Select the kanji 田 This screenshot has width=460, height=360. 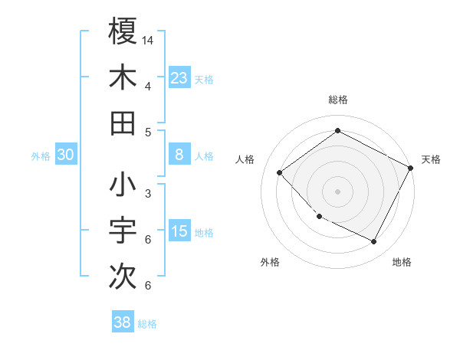(123, 123)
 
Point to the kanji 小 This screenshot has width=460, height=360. (123, 186)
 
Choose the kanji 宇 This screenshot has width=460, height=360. (123, 231)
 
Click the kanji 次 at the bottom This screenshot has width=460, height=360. (123, 277)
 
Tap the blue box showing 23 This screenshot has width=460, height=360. (179, 77)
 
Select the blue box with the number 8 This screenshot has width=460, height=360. (179, 155)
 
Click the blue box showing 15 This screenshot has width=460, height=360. (179, 231)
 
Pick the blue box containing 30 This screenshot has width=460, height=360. (65, 155)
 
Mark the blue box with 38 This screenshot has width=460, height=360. (122, 322)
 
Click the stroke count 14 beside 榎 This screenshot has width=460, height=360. (149, 39)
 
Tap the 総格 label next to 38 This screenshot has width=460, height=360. (148, 324)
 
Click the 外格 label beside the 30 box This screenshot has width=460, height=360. (41, 156)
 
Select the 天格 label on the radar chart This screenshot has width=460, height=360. (431, 159)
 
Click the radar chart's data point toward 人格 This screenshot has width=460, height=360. (280, 172)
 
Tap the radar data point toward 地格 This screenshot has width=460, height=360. (374, 242)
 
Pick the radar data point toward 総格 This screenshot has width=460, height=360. (337, 131)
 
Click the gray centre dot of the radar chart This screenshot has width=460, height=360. (337, 191)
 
